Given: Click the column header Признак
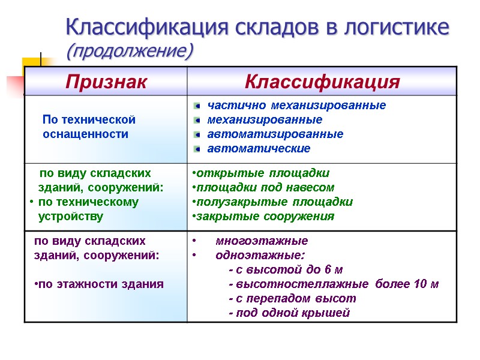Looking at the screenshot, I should point(106,81).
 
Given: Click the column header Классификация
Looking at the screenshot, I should point(322,81).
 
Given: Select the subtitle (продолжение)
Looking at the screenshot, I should point(130,51).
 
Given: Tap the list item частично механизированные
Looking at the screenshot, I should point(296,106).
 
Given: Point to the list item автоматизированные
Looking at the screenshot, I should point(275,134).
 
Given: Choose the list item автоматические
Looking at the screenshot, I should point(259,148).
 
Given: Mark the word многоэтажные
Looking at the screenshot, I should point(262,241).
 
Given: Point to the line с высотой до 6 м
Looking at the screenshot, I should point(286,270).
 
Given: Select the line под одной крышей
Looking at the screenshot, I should point(289,313).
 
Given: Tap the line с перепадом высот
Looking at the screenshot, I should point(292,299).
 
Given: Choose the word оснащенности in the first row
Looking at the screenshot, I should point(85,134).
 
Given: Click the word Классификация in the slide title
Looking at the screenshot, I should point(147,27).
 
